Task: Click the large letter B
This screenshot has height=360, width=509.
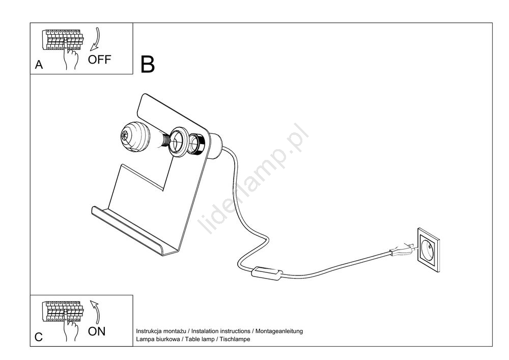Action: point(147,64)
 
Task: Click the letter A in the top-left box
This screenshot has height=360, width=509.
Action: point(39,65)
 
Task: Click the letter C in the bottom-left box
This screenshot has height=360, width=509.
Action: point(39,338)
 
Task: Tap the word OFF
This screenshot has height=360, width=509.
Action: point(99,60)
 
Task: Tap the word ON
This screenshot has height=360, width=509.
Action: point(97,331)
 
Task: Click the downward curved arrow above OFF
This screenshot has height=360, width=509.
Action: point(96,40)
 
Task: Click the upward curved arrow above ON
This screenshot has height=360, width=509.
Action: point(96,312)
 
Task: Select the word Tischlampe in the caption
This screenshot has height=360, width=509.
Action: point(235,339)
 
